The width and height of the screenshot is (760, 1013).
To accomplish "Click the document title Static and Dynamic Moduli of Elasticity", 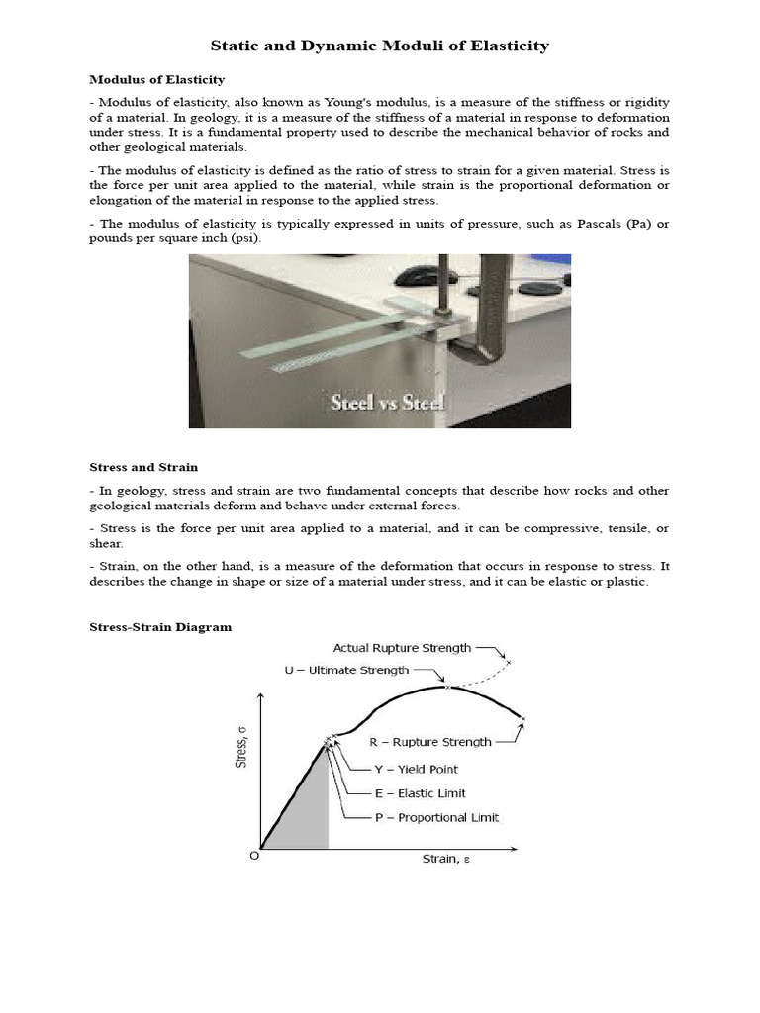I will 380,46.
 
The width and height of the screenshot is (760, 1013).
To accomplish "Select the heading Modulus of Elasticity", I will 157,79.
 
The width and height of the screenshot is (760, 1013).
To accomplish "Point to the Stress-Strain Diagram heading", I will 160,627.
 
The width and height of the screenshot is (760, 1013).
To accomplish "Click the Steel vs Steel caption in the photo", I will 387,403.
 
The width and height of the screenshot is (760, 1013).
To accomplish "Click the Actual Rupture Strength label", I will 402,648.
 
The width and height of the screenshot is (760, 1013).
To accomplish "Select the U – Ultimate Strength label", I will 346,670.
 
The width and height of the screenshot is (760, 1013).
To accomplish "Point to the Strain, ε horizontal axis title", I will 446,859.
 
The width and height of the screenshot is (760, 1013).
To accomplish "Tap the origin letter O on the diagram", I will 254,856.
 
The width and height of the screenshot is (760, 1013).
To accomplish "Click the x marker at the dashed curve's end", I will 508,662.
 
